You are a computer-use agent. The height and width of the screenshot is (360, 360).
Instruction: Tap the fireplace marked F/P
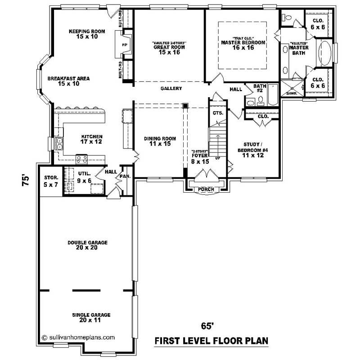[125, 46]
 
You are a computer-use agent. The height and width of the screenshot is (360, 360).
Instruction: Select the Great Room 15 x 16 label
[169, 49]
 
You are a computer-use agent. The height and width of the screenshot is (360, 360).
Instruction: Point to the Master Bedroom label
[243, 45]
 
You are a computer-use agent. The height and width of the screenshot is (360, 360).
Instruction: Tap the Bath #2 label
[260, 88]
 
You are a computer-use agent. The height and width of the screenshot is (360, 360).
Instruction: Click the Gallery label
[171, 89]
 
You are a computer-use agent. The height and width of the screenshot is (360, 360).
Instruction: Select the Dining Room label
[160, 141]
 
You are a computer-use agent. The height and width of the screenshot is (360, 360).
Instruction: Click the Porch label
[206, 189]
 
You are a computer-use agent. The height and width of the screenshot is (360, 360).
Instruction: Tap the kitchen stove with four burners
[82, 158]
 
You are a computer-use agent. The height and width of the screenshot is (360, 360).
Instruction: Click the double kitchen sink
[59, 143]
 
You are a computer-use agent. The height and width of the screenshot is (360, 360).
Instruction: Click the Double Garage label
[88, 245]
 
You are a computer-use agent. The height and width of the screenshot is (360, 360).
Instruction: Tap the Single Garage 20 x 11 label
[88, 318]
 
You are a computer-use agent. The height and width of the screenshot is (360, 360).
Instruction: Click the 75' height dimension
[27, 180]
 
